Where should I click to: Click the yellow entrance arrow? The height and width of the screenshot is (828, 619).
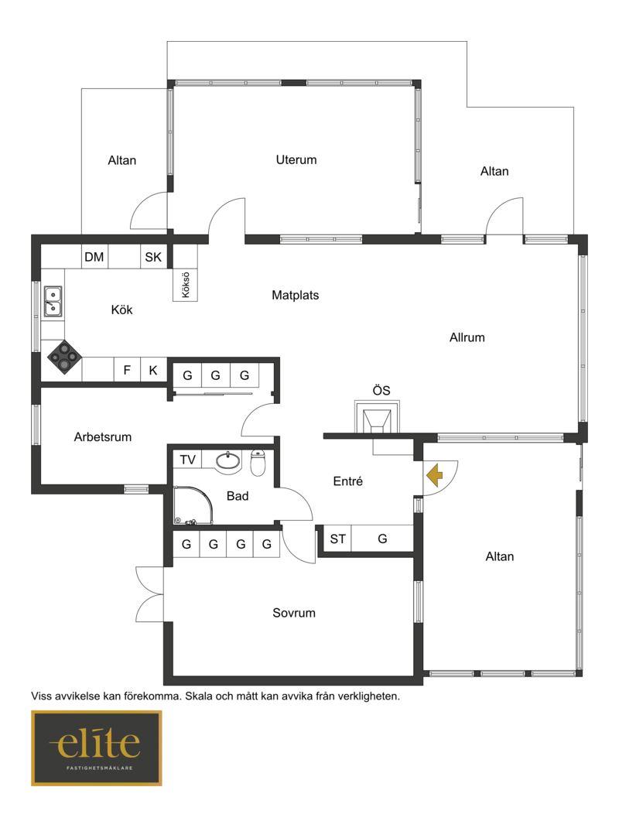[x=435, y=475]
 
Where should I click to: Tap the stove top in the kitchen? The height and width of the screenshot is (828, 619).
[x=64, y=357]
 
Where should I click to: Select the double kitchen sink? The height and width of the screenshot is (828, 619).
[x=53, y=301]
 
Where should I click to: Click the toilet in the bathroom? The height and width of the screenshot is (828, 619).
[x=257, y=462]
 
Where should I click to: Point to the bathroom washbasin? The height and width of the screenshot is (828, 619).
[x=228, y=460]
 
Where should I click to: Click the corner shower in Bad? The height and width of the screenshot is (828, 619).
[x=193, y=505]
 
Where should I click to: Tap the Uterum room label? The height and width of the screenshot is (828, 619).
[x=296, y=159]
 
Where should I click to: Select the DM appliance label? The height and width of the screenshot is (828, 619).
[x=94, y=257]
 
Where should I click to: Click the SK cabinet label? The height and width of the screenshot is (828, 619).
[x=153, y=257]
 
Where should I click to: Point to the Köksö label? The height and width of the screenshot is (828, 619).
[x=186, y=285]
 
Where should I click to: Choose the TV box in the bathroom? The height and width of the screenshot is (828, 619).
[x=187, y=460]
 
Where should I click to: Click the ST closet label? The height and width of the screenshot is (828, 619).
[x=337, y=539]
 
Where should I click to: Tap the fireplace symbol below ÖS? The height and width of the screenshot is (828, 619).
[x=377, y=417]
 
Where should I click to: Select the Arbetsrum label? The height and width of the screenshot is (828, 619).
[x=102, y=436]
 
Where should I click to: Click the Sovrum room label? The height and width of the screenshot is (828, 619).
[x=294, y=613]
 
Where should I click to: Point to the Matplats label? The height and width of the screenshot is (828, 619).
[x=296, y=295]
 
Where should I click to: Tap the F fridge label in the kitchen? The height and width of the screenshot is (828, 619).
[x=127, y=370]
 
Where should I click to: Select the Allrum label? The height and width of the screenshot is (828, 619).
[x=467, y=337]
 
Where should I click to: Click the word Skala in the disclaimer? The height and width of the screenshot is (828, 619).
[x=199, y=696]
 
